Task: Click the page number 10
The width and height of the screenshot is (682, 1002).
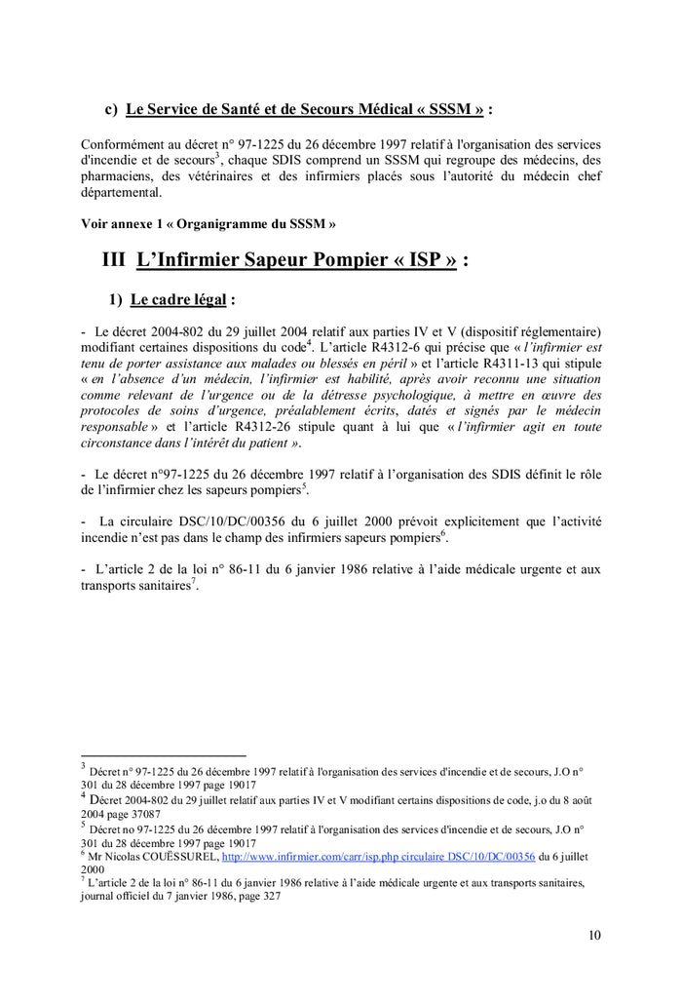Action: [594, 936]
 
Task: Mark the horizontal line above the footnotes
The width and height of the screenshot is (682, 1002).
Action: [163, 754]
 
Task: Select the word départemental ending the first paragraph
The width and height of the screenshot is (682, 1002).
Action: [121, 193]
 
